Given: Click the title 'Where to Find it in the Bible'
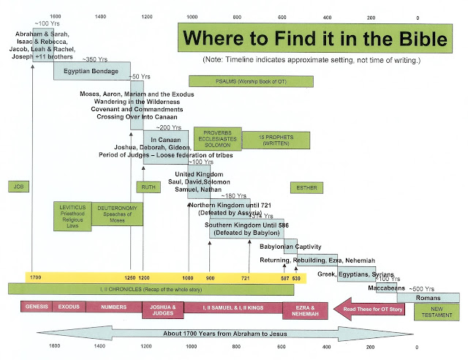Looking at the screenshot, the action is tap(317, 39).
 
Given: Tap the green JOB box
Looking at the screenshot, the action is tap(17, 187).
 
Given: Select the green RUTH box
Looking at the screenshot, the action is tap(148, 187).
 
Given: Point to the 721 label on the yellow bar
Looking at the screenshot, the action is tap(245, 279).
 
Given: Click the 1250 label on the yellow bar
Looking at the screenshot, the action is tap(129, 279).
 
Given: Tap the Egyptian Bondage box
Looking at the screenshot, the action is tap(91, 70).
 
